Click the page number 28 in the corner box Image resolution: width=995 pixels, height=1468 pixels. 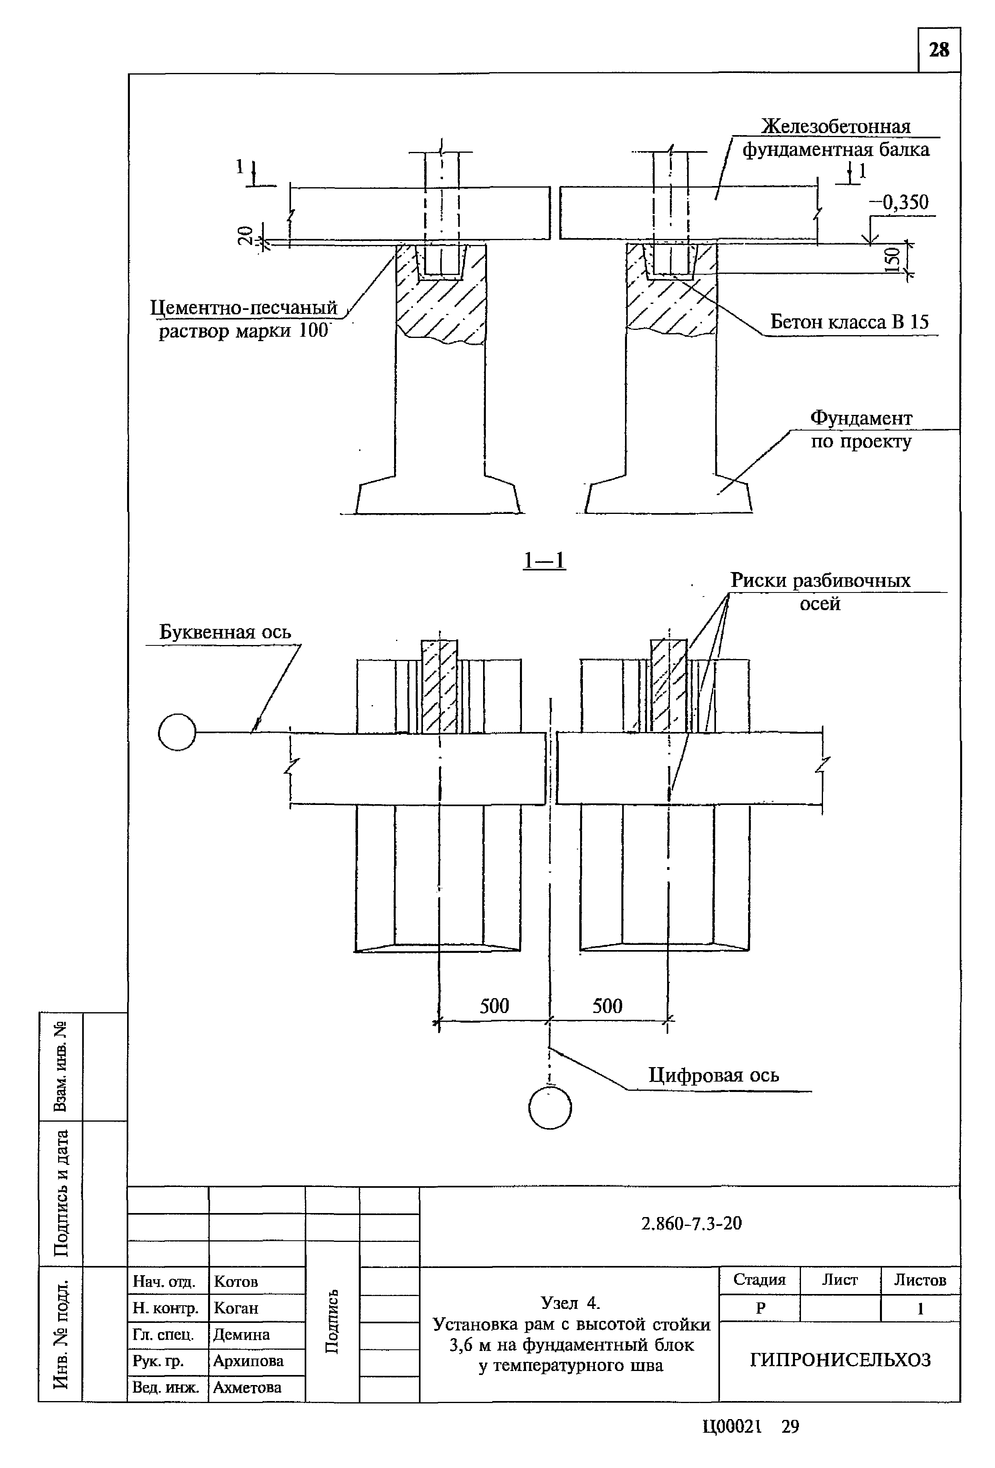939,50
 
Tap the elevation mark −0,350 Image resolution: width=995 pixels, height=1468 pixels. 898,203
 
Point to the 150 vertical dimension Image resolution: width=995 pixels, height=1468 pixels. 892,259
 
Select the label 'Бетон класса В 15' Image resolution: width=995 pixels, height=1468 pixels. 849,322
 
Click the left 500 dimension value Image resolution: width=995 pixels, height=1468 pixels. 494,1006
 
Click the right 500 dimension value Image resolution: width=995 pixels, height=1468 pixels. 607,1006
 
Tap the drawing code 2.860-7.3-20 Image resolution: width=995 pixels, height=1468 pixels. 691,1223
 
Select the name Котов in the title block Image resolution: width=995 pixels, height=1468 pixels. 236,1282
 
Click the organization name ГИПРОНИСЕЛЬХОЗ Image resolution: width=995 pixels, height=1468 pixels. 840,1360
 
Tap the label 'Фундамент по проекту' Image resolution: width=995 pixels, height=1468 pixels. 861,429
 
